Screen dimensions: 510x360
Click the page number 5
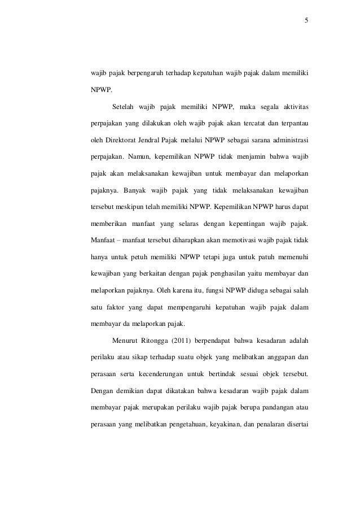click(306, 21)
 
